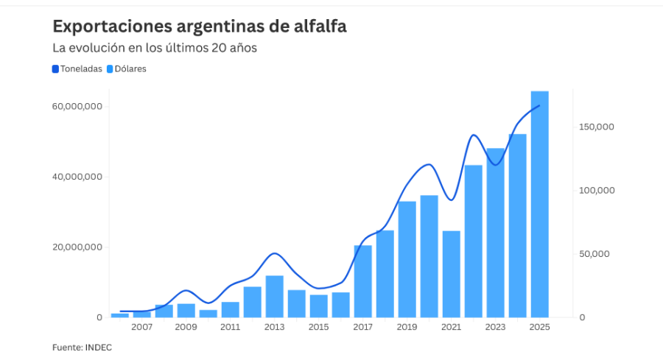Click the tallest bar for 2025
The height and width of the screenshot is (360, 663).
[539, 204]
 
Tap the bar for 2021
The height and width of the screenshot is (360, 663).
[452, 274]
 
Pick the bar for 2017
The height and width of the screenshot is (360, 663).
[363, 281]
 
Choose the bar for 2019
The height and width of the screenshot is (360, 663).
[407, 259]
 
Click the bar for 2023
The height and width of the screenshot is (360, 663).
[496, 233]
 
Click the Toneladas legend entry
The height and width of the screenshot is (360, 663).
[77, 69]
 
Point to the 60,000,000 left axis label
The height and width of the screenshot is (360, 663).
[77, 107]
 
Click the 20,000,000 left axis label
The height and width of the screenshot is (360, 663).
[77, 247]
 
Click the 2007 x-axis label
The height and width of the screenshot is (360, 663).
[142, 327]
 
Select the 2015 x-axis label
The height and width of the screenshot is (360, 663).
[319, 327]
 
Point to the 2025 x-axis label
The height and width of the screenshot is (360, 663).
[540, 327]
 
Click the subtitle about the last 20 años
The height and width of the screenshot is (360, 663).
[154, 48]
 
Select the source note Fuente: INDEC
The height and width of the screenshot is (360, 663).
[82, 347]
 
